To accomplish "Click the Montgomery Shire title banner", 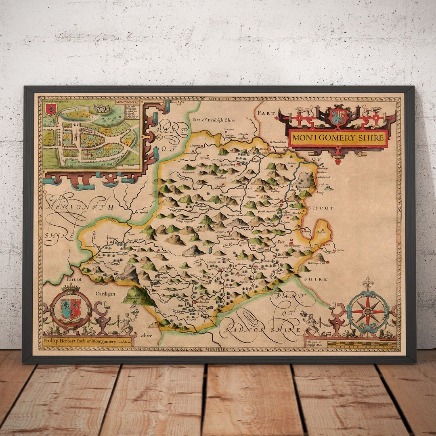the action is point(338,138).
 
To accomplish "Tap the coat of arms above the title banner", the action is point(338,116).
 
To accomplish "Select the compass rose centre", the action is point(368,311).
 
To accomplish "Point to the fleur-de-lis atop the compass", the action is point(367,283).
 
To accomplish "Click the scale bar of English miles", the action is point(361,344).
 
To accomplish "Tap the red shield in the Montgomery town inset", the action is point(51,109).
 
